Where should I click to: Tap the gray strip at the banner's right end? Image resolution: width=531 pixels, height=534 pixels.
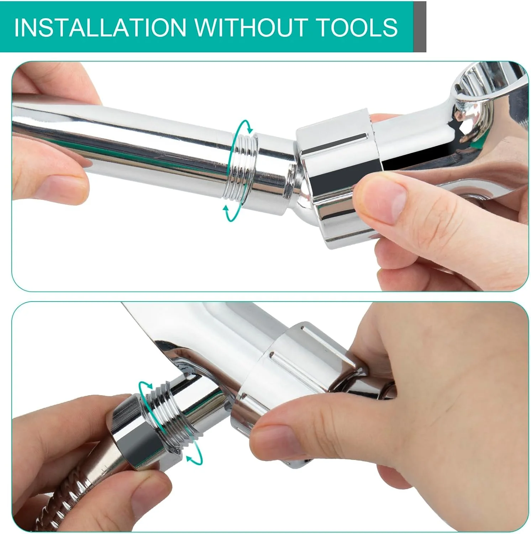(x=420, y=27)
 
